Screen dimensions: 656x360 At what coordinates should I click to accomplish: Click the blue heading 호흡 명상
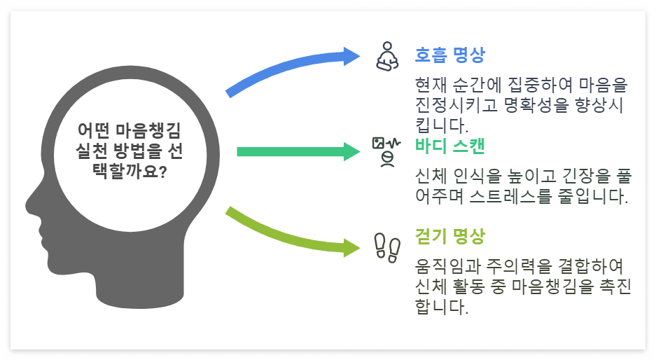click(449, 55)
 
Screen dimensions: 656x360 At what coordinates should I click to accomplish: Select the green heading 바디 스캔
click(449, 146)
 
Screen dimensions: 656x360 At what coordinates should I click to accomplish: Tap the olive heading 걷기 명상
click(449, 236)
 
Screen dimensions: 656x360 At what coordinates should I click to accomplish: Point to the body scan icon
click(386, 151)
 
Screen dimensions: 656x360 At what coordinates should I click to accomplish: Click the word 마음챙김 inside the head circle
click(151, 131)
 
